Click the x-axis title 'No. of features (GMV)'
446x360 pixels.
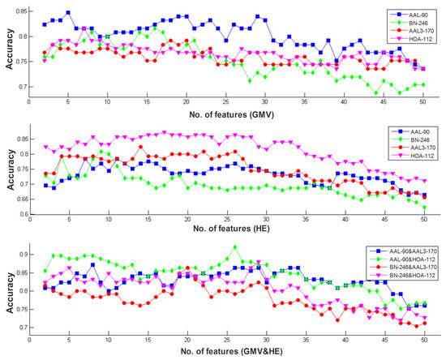[232, 114]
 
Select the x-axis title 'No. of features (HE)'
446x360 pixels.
[231, 229]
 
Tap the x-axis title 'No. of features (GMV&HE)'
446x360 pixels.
[232, 351]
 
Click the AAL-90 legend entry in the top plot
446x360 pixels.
[409, 15]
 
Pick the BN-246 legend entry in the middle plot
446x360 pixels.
[410, 139]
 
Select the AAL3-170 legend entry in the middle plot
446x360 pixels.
[413, 148]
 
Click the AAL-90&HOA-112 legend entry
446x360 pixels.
[403, 259]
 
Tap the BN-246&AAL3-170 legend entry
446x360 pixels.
[404, 267]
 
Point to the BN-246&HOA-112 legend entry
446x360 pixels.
[403, 275]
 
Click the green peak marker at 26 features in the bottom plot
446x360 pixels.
[235, 247]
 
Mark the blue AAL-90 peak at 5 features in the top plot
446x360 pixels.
[68, 13]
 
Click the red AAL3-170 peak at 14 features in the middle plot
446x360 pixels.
[140, 147]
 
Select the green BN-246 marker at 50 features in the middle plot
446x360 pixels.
[424, 208]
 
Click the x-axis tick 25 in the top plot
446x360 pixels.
[226, 102]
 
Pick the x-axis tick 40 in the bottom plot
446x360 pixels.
[345, 340]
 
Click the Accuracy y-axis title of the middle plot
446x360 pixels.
[11, 169]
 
